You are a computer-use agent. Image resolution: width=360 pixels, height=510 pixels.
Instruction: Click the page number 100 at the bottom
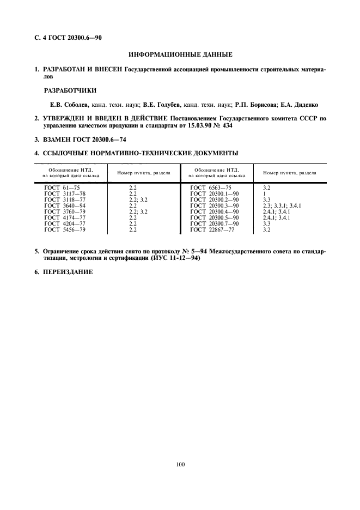[x=180, y=464]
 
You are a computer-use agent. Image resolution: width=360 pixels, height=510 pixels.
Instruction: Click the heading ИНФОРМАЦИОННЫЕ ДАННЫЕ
[x=180, y=54]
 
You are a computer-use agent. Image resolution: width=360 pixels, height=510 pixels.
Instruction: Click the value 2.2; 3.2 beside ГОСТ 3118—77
[x=138, y=199]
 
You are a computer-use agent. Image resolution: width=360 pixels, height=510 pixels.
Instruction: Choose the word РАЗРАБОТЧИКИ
[x=70, y=90]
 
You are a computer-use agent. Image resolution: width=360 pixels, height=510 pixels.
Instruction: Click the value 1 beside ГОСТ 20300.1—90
[x=264, y=193]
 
